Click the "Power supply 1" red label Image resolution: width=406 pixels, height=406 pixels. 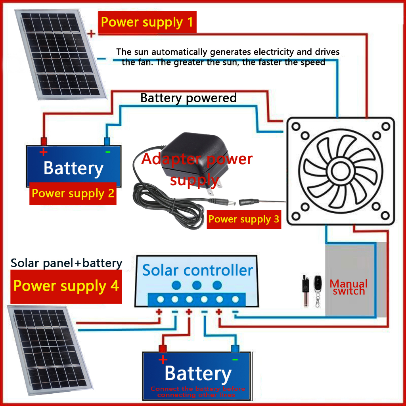[147, 22]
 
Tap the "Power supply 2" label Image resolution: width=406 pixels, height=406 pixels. [73, 193]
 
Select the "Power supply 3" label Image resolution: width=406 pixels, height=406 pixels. [243, 219]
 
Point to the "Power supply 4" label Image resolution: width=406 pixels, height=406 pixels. [66, 286]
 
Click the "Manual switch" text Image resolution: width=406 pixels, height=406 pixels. [349, 287]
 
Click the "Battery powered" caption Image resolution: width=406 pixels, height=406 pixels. [188, 98]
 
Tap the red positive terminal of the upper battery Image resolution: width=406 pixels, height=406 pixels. [43, 141]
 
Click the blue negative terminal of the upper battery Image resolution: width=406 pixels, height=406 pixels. [107, 141]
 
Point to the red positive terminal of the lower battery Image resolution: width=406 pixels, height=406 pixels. [162, 349]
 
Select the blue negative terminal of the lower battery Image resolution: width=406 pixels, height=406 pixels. [235, 349]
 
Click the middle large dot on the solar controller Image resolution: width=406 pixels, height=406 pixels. [197, 285]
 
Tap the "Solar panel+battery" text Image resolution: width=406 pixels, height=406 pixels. [66, 263]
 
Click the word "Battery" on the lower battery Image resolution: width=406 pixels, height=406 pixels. [198, 373]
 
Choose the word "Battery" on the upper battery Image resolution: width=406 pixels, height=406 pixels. [73, 168]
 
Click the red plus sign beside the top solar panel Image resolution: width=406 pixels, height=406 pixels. [92, 34]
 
